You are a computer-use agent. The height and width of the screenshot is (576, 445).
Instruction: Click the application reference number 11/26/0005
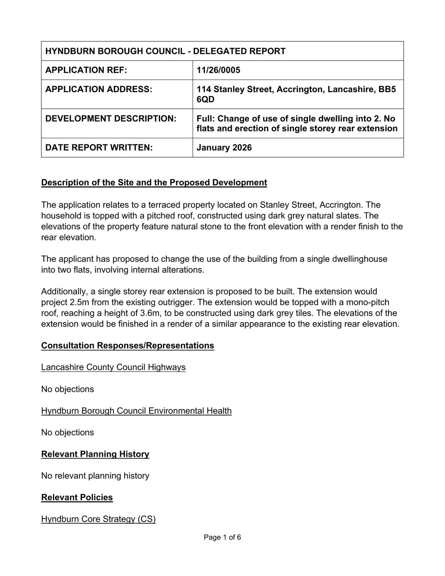(218, 70)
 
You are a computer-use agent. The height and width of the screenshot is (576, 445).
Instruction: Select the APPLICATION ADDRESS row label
(99, 89)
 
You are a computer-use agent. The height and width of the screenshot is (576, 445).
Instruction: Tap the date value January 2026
(224, 148)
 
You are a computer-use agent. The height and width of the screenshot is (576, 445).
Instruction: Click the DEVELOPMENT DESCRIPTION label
(111, 119)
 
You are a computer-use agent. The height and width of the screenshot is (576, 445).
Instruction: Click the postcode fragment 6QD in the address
(206, 99)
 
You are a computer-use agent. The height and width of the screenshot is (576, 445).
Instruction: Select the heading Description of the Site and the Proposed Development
(154, 183)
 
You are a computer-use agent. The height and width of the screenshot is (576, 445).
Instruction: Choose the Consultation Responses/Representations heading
(127, 346)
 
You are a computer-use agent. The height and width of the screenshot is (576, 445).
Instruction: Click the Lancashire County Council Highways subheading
(113, 367)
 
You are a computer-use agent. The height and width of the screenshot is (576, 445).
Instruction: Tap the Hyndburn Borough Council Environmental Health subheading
(136, 411)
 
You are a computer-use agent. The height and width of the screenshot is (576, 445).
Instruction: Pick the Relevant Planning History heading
(95, 454)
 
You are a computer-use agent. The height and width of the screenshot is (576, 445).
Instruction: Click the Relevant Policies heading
(77, 498)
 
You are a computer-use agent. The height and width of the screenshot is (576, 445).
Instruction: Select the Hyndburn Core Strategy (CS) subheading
(98, 519)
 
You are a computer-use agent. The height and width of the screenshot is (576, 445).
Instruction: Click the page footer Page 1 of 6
(222, 537)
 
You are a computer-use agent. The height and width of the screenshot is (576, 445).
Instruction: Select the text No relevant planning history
(95, 476)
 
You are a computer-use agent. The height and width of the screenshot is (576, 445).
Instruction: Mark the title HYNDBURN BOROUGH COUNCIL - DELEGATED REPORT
(165, 51)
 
